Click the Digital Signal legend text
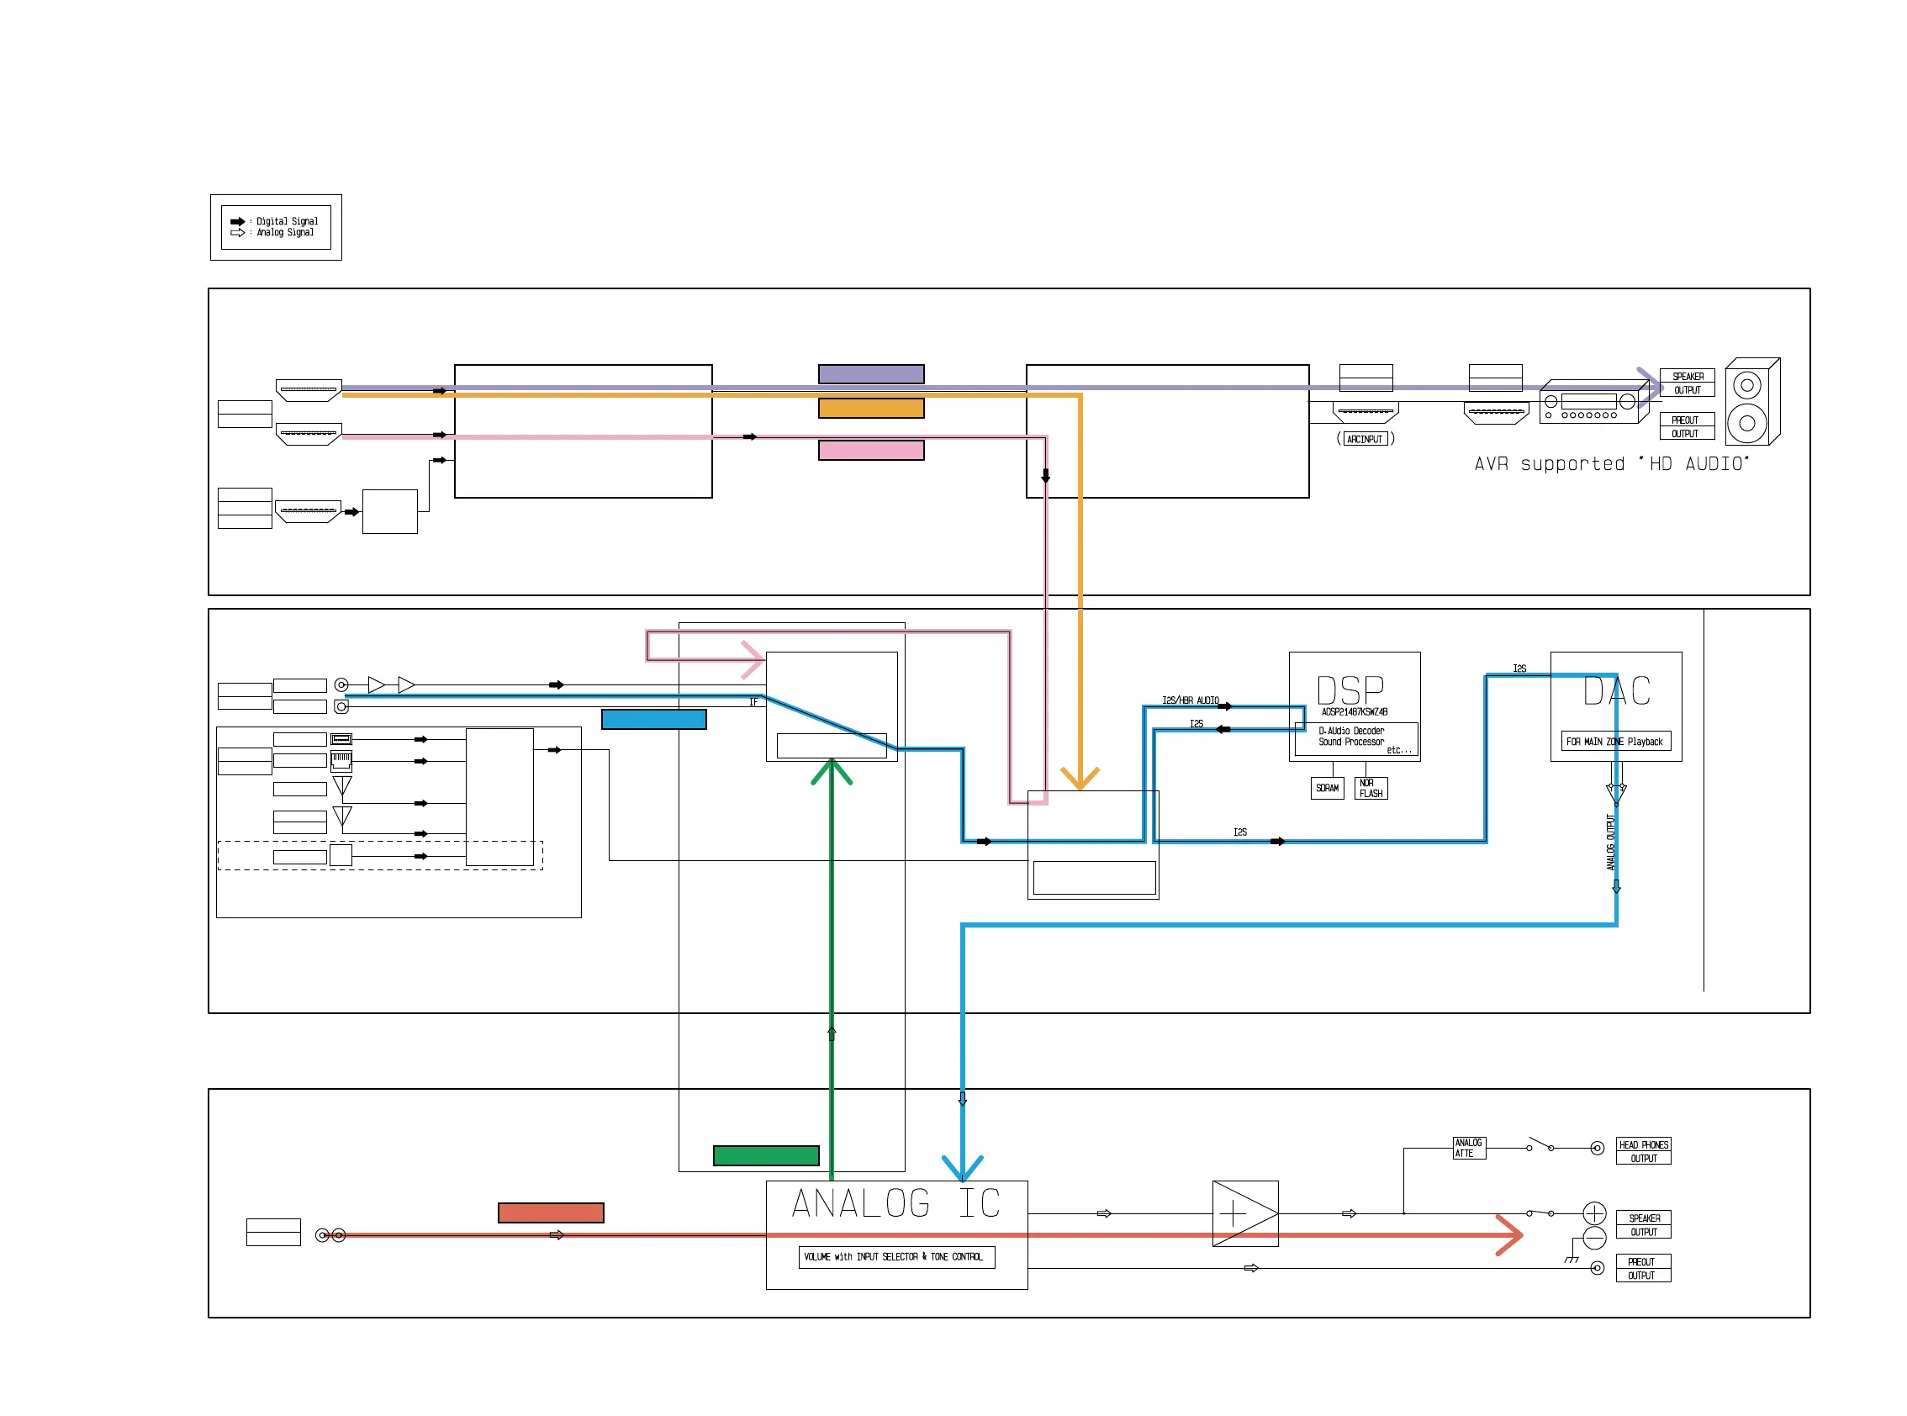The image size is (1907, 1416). click(286, 221)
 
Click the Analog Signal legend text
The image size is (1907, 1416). click(284, 232)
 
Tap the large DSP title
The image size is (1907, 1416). click(1350, 691)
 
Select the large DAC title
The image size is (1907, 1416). click(1616, 691)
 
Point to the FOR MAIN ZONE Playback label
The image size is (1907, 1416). click(1614, 742)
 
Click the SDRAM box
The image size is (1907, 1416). click(1327, 788)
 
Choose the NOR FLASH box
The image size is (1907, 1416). click(1371, 788)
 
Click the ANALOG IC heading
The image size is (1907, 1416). click(895, 1203)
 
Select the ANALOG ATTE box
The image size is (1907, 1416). click(1468, 1148)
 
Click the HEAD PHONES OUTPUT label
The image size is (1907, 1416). click(1643, 1151)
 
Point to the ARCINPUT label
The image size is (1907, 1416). click(1365, 439)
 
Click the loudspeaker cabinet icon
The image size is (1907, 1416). click(1752, 402)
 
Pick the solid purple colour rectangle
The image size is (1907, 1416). click(871, 373)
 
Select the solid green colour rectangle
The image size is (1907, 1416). click(765, 1155)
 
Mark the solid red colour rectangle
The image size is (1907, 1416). click(550, 1212)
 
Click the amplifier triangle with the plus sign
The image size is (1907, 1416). click(1244, 1213)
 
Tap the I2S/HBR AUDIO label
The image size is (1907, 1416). click(1190, 700)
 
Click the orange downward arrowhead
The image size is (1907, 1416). click(1079, 779)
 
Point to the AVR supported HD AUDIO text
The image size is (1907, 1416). click(1610, 463)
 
